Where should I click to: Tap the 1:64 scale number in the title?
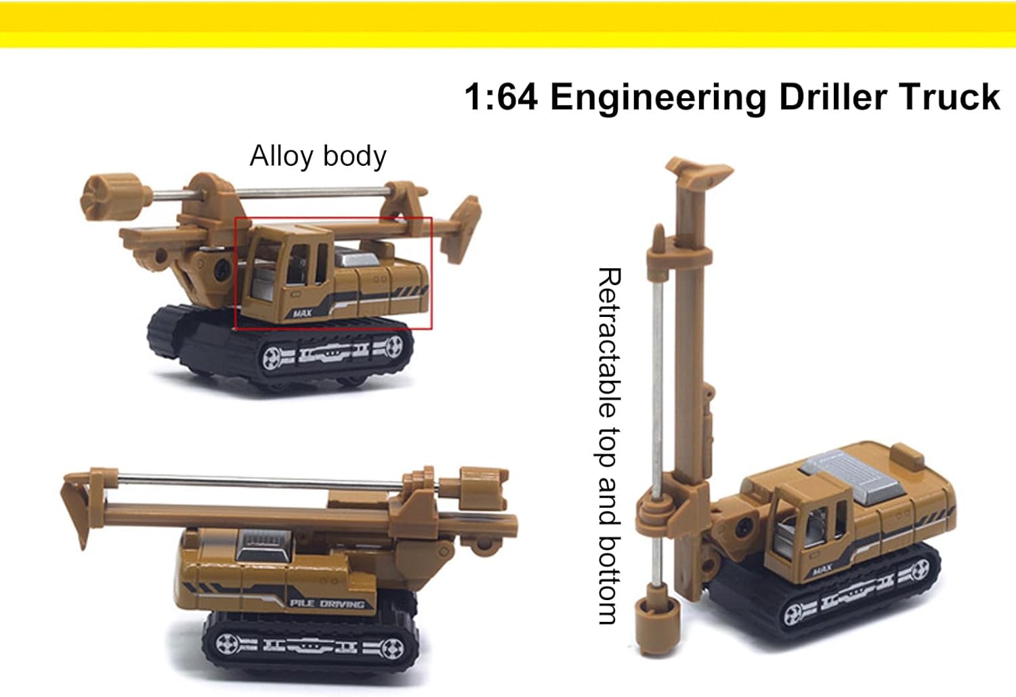coord(501,97)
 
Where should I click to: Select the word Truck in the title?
coord(950,97)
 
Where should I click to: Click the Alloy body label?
coord(318,156)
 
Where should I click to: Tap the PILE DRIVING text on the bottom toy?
coord(326,604)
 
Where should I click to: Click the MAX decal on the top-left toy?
coord(303,313)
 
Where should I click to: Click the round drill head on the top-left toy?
coord(110,198)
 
